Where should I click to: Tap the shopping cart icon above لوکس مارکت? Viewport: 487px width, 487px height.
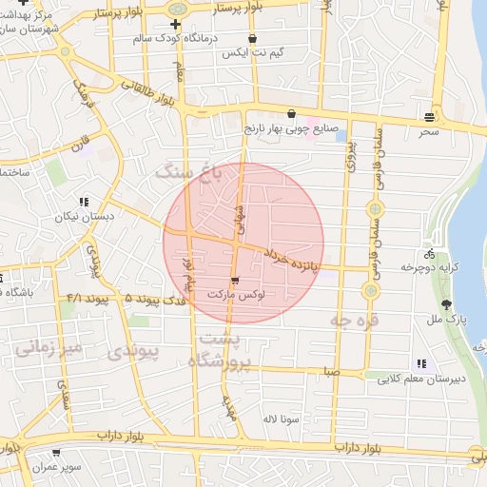click(x=235, y=281)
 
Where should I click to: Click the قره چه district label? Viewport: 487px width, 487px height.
click(x=355, y=322)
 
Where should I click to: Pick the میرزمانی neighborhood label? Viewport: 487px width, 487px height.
click(x=49, y=348)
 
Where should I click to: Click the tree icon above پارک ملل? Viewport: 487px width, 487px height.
click(x=447, y=304)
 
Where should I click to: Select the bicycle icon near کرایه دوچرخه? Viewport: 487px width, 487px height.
click(x=430, y=254)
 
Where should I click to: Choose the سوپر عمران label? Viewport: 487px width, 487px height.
click(x=55, y=468)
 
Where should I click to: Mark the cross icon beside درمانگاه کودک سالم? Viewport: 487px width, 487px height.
click(x=175, y=23)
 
